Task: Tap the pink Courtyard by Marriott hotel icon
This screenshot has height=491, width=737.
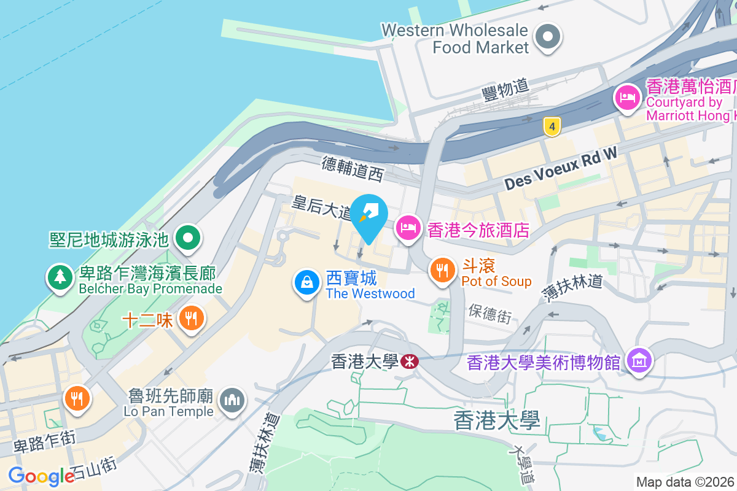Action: tap(627, 97)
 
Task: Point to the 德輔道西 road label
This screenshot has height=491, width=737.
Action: tap(353, 168)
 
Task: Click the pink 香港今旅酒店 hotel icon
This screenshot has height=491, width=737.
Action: tap(408, 229)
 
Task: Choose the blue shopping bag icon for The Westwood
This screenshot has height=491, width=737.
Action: tap(306, 282)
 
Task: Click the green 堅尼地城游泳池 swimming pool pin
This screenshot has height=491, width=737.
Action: tap(188, 238)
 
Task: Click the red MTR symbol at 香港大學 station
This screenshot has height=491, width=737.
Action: tap(410, 361)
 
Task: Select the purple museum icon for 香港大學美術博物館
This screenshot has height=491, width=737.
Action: tap(639, 361)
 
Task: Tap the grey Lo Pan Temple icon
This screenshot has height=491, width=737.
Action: tap(232, 400)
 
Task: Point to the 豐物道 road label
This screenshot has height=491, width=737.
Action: tap(505, 91)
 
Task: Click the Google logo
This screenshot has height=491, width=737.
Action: tap(41, 476)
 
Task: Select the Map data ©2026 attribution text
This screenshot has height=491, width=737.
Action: tap(685, 482)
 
